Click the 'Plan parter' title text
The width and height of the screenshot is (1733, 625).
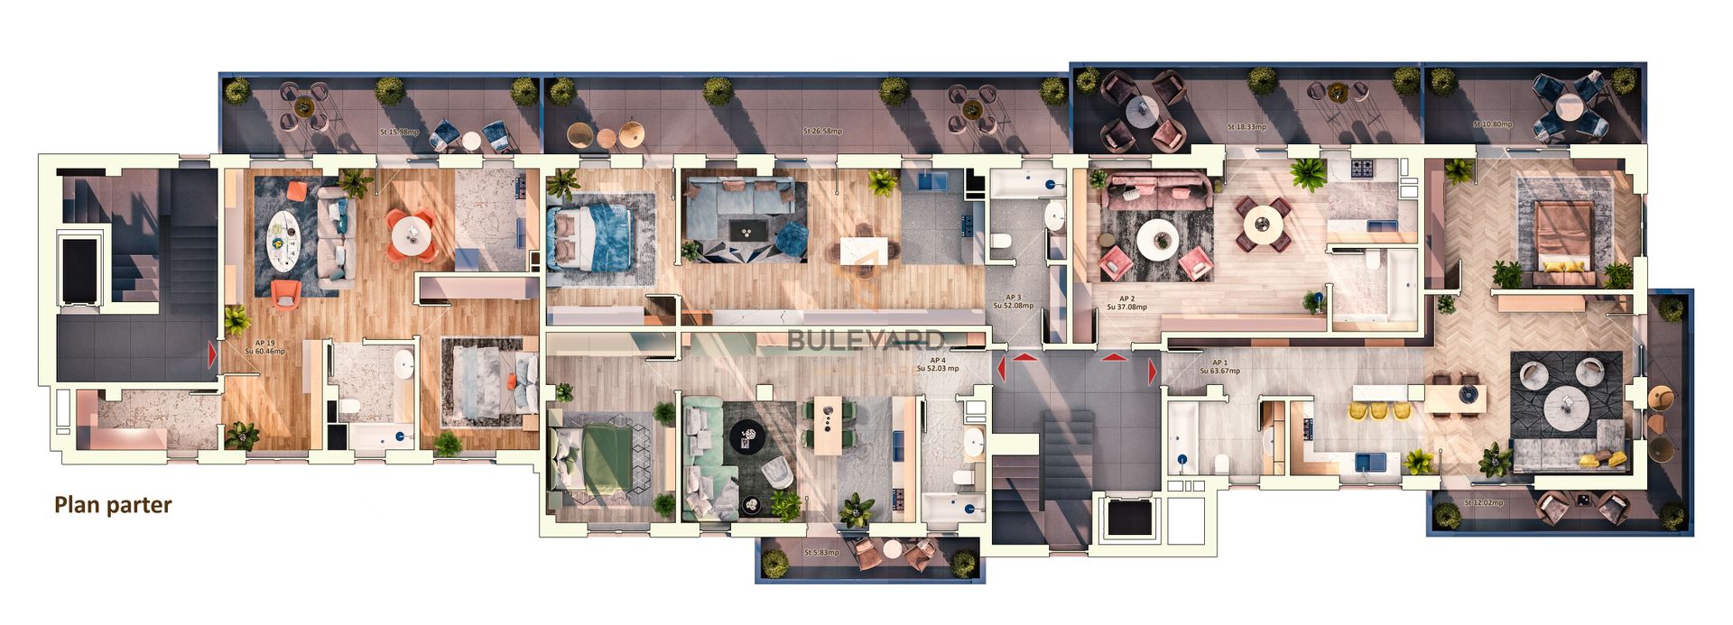[113, 505]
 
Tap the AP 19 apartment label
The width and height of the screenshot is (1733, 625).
[265, 347]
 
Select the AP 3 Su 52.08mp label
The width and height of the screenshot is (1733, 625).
[1013, 301]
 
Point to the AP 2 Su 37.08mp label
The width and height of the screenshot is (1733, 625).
[1126, 303]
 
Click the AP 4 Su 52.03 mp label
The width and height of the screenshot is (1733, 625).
[938, 364]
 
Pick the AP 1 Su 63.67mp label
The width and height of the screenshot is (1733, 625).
[1219, 367]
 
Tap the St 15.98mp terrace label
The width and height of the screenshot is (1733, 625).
[399, 133]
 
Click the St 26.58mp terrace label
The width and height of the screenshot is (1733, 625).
[822, 132]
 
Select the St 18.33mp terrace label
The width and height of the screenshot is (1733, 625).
[1246, 127]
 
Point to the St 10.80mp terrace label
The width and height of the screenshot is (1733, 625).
[1493, 124]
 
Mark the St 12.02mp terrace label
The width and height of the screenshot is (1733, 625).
[1484, 502]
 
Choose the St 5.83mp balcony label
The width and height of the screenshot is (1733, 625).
[821, 552]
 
